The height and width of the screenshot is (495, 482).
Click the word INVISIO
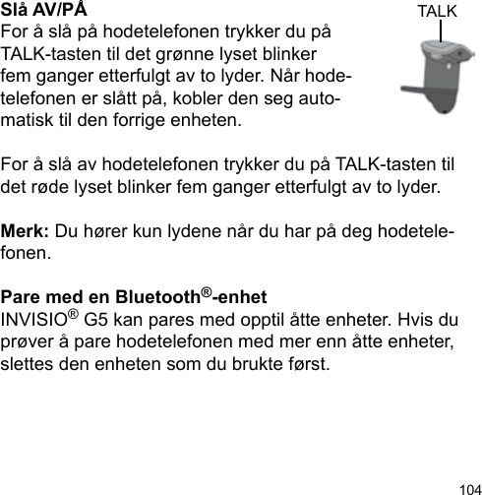[36, 320]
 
